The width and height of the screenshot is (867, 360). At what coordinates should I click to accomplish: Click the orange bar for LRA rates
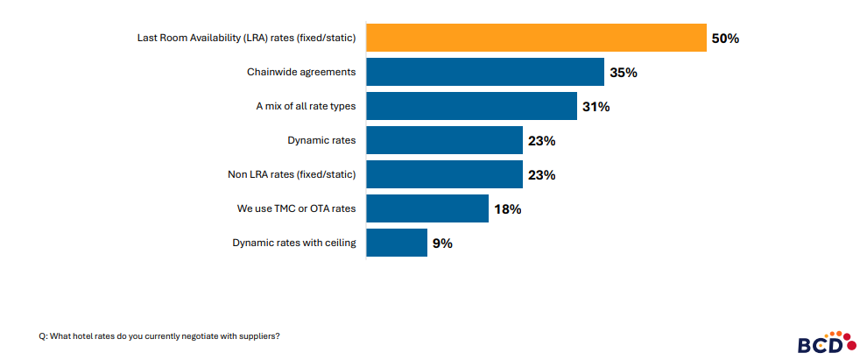[536, 38]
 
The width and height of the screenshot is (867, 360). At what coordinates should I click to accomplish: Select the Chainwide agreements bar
[485, 72]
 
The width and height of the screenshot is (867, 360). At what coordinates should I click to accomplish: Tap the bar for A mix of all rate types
[471, 106]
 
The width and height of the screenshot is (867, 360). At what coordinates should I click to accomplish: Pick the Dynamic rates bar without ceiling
[444, 140]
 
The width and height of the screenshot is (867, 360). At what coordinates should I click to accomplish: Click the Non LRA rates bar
[444, 174]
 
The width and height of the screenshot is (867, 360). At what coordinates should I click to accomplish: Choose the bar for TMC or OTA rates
[426, 208]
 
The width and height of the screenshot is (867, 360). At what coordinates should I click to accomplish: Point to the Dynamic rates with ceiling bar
[396, 243]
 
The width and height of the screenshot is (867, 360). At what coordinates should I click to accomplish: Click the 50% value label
[725, 39]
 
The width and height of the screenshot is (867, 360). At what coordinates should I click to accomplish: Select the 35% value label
[623, 73]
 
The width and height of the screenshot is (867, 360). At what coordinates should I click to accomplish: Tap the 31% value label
[595, 107]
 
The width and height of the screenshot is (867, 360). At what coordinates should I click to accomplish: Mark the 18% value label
[507, 209]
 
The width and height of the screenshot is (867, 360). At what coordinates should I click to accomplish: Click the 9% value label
[442, 244]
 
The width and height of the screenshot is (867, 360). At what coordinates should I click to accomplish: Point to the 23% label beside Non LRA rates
[541, 175]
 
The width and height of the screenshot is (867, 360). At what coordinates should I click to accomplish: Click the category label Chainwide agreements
[301, 72]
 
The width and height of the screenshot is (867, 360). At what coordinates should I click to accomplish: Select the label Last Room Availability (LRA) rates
[247, 38]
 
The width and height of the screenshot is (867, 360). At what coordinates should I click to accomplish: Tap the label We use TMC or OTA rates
[296, 208]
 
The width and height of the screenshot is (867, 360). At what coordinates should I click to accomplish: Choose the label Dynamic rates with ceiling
[293, 243]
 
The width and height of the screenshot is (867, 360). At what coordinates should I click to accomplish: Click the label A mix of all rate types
[306, 106]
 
